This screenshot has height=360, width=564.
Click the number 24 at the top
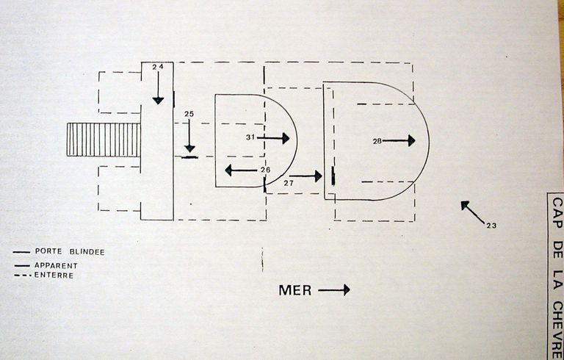pyautogui.click(x=157, y=67)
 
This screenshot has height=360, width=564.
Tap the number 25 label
pyautogui.click(x=189, y=114)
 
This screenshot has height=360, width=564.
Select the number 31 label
pyautogui.click(x=250, y=137)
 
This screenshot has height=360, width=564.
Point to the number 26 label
pyautogui.click(x=264, y=170)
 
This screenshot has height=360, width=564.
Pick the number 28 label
pyautogui.click(x=377, y=141)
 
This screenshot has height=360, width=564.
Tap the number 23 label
pyautogui.click(x=491, y=225)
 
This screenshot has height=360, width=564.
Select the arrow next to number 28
pyautogui.click(x=399, y=140)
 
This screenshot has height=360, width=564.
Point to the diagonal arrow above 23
pyautogui.click(x=472, y=212)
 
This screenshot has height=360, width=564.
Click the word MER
pyautogui.click(x=295, y=290)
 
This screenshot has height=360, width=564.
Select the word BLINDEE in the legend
pyautogui.click(x=87, y=252)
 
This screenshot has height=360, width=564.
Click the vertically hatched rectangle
pyautogui.click(x=103, y=140)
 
